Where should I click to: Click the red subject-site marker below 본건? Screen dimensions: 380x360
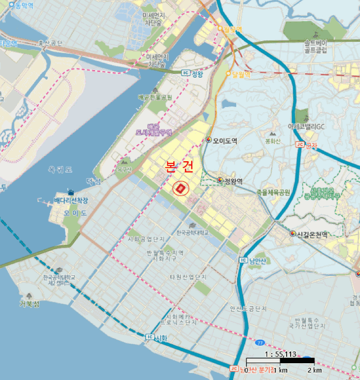[x=180, y=188]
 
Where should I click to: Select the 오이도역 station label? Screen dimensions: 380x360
[x=225, y=141]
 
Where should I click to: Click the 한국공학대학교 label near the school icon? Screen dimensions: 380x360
[x=192, y=232]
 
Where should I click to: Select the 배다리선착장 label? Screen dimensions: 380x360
[x=71, y=200]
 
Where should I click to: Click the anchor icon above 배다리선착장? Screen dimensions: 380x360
[x=71, y=192]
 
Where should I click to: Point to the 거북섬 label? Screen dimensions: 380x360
[x=29, y=304]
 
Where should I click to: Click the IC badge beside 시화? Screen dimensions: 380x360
[x=149, y=338]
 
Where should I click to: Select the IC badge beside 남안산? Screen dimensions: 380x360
[x=243, y=260]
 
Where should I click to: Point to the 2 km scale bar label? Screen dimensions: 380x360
[x=315, y=370]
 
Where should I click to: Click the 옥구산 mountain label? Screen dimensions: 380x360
[x=125, y=169]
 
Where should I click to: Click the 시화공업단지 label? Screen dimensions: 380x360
[x=145, y=239]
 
